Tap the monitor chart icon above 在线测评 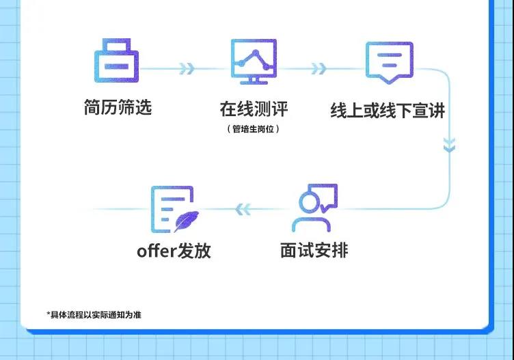[253, 61]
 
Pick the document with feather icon [172, 208]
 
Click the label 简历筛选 [117, 107]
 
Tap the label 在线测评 [254, 109]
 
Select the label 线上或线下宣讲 [388, 110]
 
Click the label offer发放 [174, 251]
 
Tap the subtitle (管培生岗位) [253, 128]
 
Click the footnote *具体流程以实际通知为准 [94, 315]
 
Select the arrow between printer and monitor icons [187, 69]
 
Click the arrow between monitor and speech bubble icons [318, 69]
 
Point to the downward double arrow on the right [448, 145]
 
